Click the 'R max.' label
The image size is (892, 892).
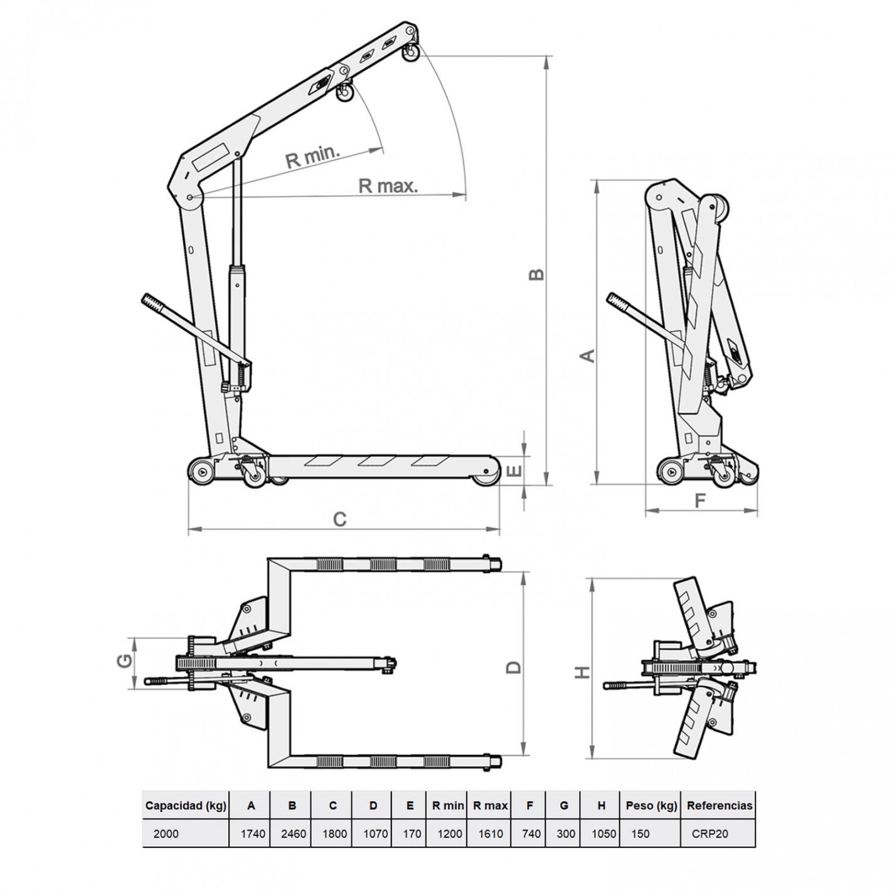tap(388, 186)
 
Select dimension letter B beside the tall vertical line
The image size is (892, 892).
tap(536, 275)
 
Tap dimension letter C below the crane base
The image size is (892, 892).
tap(340, 519)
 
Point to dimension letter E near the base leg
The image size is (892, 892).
tap(515, 471)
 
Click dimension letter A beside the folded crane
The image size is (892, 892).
tap(587, 356)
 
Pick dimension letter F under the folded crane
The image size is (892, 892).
tap(700, 501)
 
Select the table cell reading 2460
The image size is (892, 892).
tap(294, 834)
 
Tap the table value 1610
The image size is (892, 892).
tap(490, 834)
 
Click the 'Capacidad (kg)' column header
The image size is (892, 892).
tap(186, 805)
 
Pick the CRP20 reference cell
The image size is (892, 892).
tap(709, 834)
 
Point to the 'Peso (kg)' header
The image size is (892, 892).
tap(651, 805)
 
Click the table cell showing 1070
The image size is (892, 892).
tap(375, 834)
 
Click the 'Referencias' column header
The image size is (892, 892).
tap(719, 805)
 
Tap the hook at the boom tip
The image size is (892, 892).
tap(410, 54)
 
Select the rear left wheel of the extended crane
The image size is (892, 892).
tap(202, 472)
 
